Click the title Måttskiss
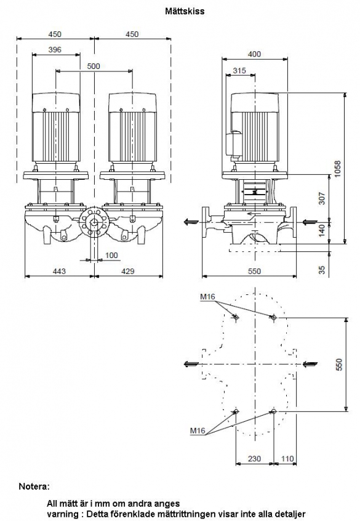point(185,11)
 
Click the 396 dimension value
point(55,49)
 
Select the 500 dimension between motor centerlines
point(94,66)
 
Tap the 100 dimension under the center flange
point(111,255)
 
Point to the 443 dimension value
point(59,271)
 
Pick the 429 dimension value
point(127,271)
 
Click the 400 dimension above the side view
point(254,54)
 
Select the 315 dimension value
point(239,70)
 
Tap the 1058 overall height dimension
point(337,169)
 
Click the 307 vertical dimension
point(322,198)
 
